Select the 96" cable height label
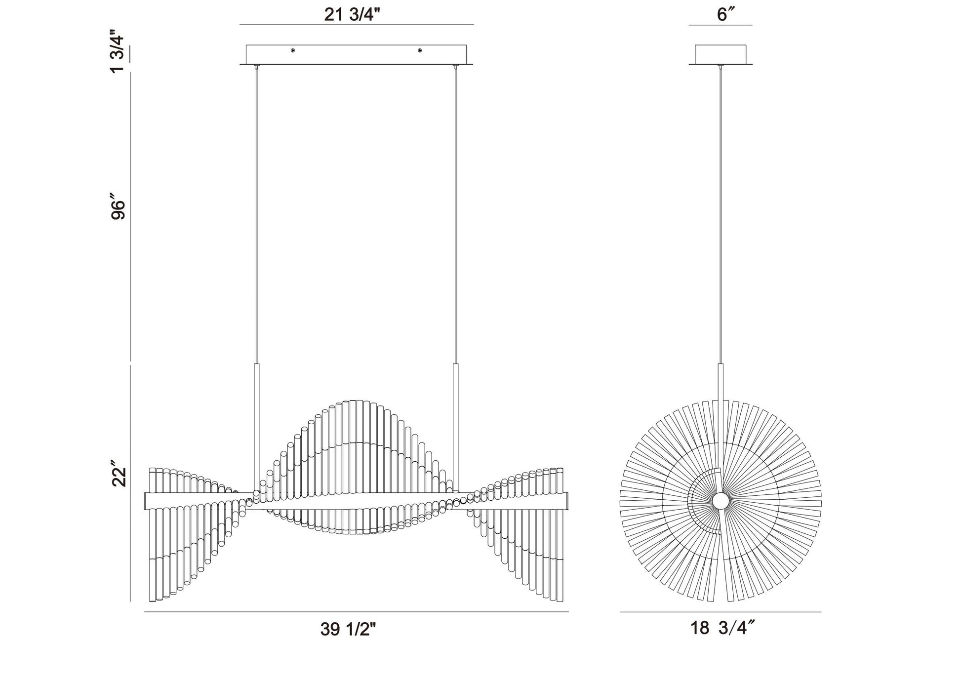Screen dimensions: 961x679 (119, 209)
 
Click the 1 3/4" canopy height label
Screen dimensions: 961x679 (119, 51)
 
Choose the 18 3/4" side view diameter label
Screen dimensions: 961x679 (723, 628)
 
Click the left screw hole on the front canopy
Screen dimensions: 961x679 (293, 50)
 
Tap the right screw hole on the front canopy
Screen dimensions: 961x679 (420, 50)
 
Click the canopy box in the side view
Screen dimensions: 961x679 (721, 54)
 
